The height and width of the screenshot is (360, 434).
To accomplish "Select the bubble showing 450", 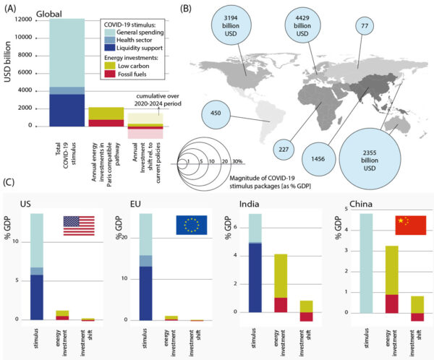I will coord(214,113).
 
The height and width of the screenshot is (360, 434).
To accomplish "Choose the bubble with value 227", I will coord(284,150).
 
